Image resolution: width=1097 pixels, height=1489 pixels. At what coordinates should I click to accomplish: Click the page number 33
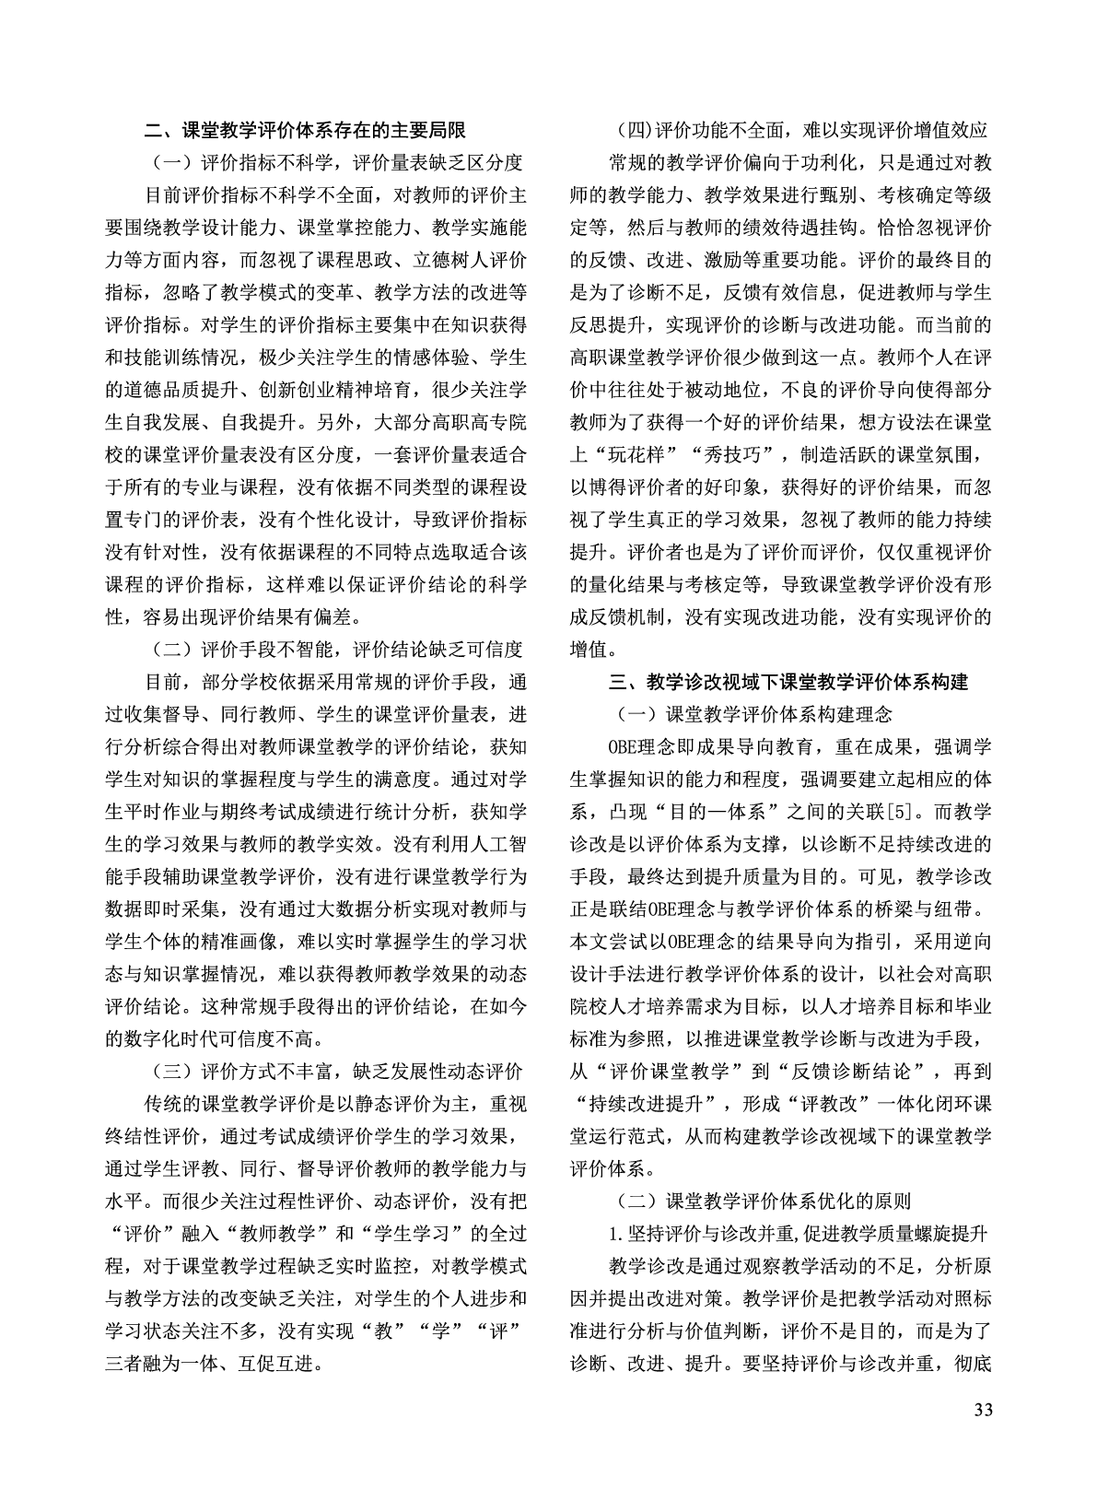coord(982,1436)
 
